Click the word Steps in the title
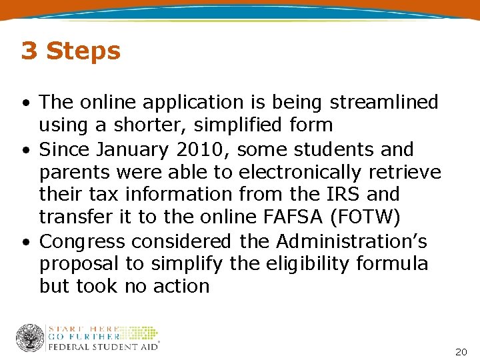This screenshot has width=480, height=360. tap(83, 51)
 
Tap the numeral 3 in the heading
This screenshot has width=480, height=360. tap(29, 51)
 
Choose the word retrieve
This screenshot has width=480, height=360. tap(410, 172)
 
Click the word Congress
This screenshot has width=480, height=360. tap(82, 241)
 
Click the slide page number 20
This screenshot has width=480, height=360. tap(461, 351)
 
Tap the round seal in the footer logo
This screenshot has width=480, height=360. tap(30, 338)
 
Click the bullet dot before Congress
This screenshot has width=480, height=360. tap(24, 241)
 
